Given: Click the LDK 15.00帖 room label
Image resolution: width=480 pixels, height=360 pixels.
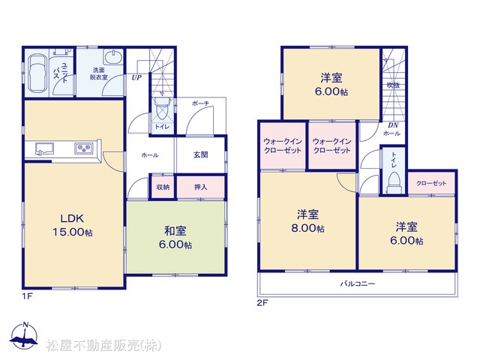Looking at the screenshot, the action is (73, 225).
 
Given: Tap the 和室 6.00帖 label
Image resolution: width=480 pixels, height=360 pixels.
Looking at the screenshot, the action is (175, 238).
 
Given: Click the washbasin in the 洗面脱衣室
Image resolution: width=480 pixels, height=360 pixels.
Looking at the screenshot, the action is (113, 57).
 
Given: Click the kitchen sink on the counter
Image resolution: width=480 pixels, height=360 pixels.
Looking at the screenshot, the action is (44, 148).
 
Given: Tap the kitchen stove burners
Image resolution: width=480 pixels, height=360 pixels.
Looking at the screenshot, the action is (83, 148).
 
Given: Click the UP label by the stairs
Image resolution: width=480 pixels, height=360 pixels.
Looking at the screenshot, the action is (136, 77).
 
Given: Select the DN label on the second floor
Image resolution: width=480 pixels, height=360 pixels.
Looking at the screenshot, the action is (393, 125).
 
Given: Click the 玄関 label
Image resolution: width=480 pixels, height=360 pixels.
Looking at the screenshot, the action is (201, 155).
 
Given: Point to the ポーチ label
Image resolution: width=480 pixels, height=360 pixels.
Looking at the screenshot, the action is (200, 103).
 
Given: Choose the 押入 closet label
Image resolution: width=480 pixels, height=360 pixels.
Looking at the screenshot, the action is (201, 187).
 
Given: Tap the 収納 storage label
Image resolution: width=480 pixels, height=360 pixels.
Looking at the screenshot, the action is (163, 187).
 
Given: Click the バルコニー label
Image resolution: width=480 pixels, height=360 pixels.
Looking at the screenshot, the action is (358, 283).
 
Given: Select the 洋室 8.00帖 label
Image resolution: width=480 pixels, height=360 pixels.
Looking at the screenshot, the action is (307, 221).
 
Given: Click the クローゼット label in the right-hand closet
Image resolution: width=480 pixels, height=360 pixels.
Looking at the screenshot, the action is (431, 183).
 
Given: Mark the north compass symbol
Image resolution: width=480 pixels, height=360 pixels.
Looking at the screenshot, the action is (24, 335).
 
